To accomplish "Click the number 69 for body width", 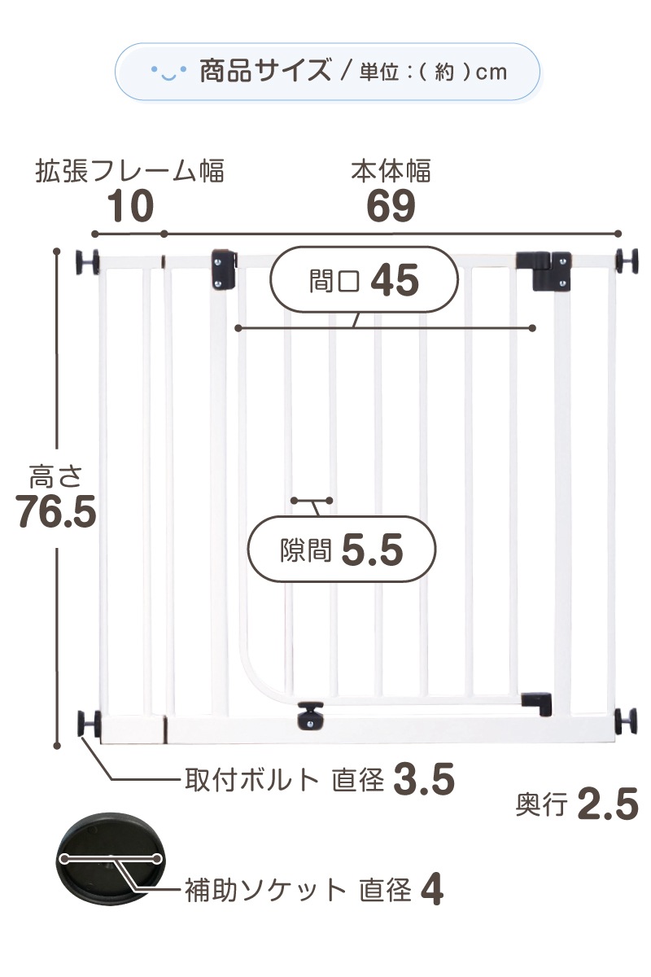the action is point(391,207).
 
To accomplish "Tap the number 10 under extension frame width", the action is point(130,207).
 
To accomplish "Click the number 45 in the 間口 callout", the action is point(395,281).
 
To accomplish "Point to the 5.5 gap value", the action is point(373,551).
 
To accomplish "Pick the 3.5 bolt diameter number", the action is point(423,780).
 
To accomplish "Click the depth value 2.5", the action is point(609,805).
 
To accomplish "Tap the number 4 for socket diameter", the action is point(433,891).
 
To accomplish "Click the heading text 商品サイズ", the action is point(264,72).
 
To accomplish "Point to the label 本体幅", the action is point(391,172).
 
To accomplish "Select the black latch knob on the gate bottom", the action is point(310,715).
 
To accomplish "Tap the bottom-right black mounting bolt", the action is point(626,720).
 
